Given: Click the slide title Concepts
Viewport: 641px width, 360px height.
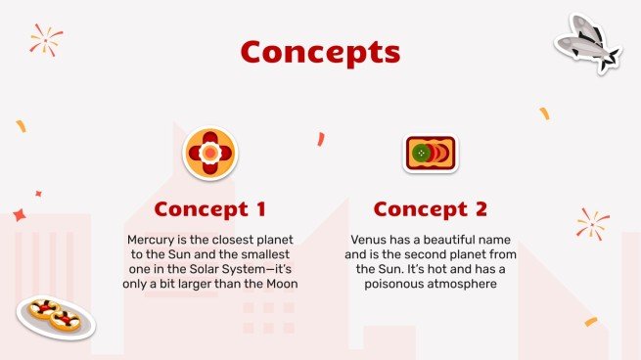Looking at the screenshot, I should (320, 51).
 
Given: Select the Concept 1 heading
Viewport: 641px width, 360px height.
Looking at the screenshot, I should (209, 209).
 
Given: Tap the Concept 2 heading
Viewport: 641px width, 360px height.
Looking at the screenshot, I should (430, 209).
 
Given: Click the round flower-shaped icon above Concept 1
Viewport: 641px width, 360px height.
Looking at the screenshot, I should (209, 154).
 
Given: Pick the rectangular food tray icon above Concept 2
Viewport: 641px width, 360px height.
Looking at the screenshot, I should (431, 154).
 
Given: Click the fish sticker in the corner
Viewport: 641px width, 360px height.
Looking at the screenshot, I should (587, 42).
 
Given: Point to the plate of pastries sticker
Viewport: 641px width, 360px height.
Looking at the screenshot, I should (55, 315).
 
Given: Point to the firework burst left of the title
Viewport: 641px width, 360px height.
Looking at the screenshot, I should (45, 39).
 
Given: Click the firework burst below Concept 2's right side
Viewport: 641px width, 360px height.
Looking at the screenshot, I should (591, 224).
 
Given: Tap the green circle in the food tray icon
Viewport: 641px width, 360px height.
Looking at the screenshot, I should (421, 154).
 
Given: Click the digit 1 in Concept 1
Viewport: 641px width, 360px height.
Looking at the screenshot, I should (258, 209).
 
